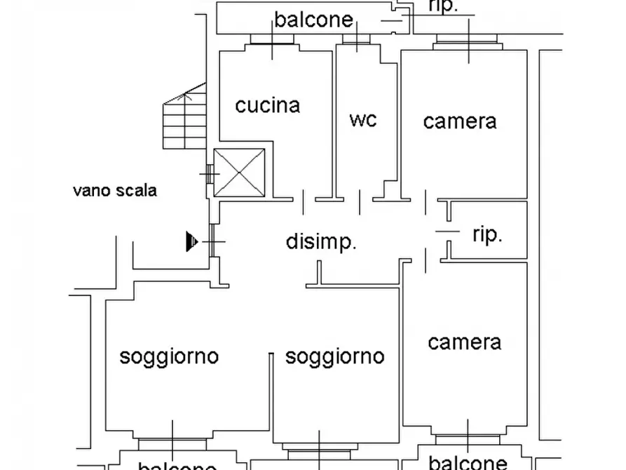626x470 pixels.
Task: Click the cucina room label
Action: pos(267,106)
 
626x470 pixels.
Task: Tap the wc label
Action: pos(362,119)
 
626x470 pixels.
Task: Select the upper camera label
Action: pos(460,121)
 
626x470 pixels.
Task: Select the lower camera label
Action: pos(464,342)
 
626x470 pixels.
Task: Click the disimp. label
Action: pos(322,242)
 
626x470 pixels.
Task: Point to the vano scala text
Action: pos(115,190)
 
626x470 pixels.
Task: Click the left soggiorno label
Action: pos(169,356)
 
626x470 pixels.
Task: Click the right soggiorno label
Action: pos(334,356)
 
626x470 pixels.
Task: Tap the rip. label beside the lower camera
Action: pos(487,235)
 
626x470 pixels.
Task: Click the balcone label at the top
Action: pos(313,20)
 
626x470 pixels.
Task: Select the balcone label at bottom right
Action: pos(468,462)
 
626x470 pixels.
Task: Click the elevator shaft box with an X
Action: pos(239,172)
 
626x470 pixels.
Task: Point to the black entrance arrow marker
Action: pos(191,241)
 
